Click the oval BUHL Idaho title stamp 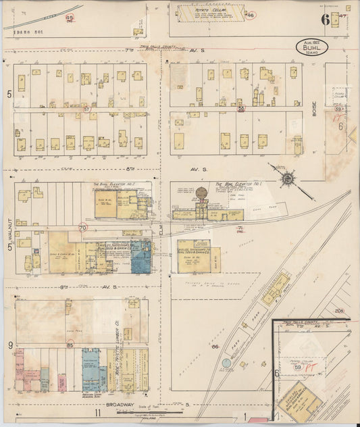(312, 47)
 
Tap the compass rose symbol (288, 178)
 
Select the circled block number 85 (70, 346)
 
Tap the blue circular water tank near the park (225, 364)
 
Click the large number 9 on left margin (10, 346)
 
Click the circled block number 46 (250, 14)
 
